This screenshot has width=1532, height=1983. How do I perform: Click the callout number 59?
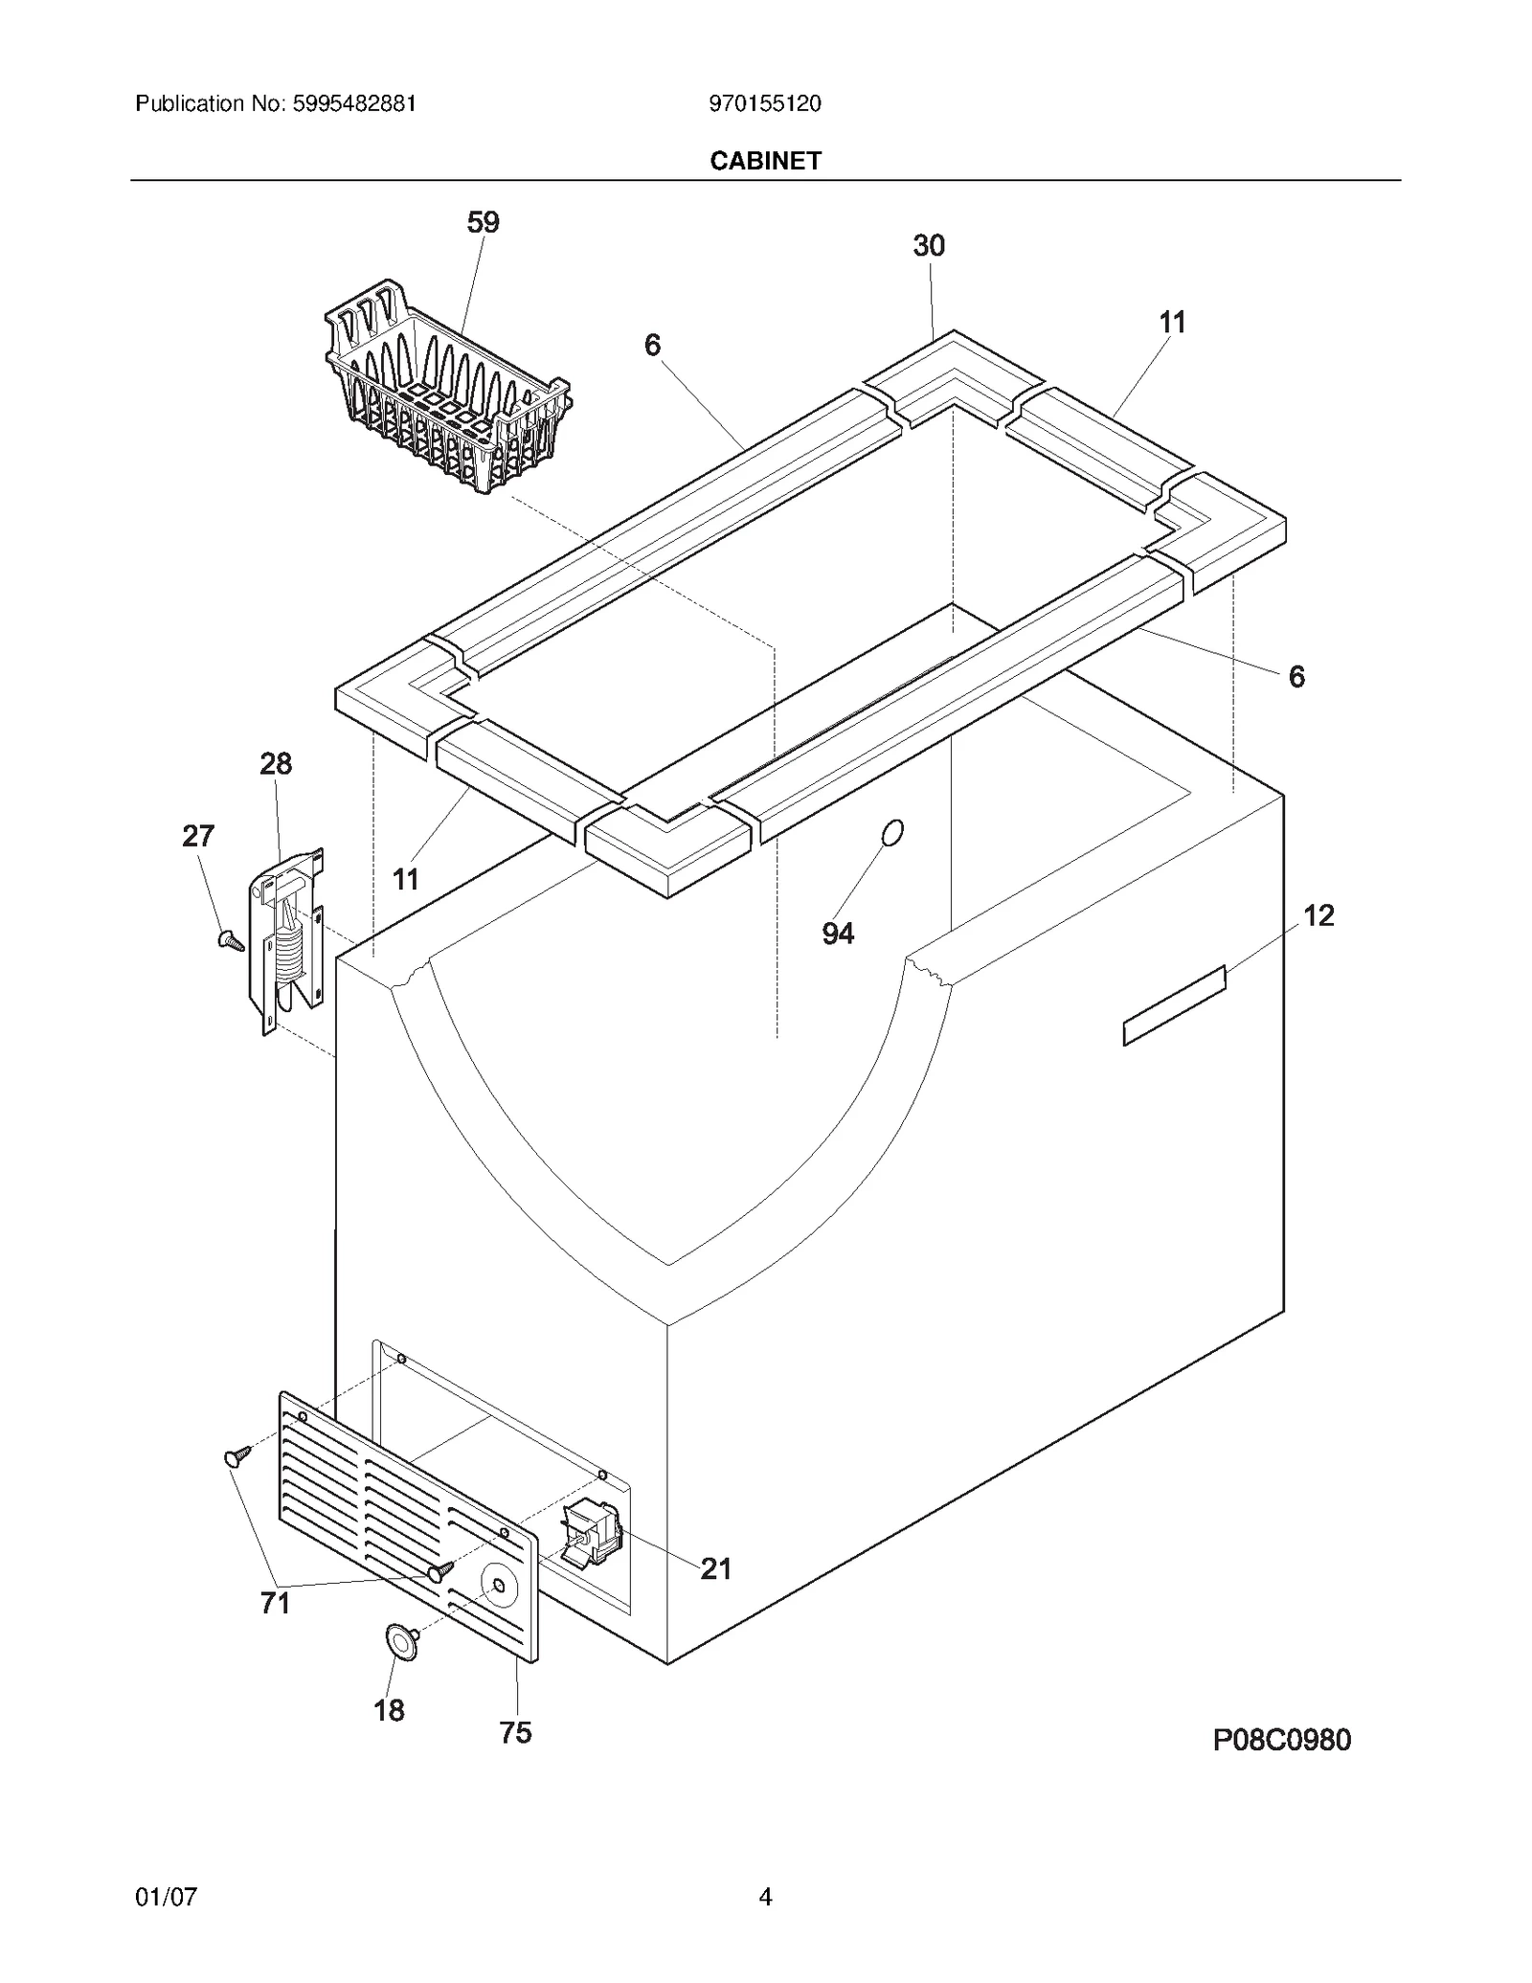[483, 222]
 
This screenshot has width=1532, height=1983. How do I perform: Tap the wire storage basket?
[446, 392]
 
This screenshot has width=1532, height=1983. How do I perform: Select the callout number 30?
[928, 246]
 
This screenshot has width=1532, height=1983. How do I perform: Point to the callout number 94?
[838, 934]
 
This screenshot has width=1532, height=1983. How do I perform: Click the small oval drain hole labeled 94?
[891, 833]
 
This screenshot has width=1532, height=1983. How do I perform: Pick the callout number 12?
[1318, 915]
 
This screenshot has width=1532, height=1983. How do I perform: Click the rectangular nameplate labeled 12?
[1174, 1005]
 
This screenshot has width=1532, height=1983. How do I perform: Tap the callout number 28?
[276, 764]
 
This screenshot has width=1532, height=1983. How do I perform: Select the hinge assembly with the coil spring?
[287, 938]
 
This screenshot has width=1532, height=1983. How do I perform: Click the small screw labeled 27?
[230, 940]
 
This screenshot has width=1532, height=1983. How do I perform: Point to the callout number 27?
[198, 836]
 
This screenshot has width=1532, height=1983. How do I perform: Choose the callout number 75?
[515, 1733]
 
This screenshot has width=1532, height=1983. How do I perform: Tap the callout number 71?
[276, 1603]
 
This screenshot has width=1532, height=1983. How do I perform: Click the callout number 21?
[715, 1568]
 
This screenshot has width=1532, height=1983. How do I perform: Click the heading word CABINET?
[765, 161]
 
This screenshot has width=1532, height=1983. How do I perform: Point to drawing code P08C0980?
[1281, 1740]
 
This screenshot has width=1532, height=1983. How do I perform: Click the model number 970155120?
[765, 103]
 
